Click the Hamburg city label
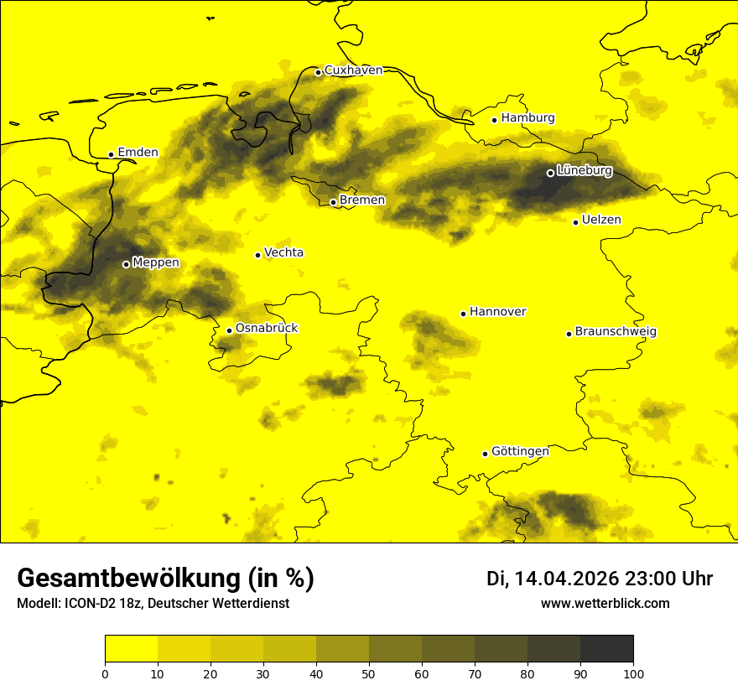tap(528, 118)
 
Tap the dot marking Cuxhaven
tap(318, 72)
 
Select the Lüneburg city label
tap(584, 171)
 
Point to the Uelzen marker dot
tap(575, 222)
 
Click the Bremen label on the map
tap(362, 200)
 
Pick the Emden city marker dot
tap(111, 154)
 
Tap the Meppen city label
tap(156, 262)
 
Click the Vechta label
tap(283, 252)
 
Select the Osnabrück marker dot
tap(229, 330)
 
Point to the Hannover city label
tap(497, 312)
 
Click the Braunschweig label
tap(616, 332)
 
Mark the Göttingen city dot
tap(485, 454)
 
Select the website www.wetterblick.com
tap(605, 604)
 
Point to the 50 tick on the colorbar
tap(369, 673)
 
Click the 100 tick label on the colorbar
tap(633, 673)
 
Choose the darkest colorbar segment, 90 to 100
tap(606, 649)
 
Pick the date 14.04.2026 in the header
tap(566, 579)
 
